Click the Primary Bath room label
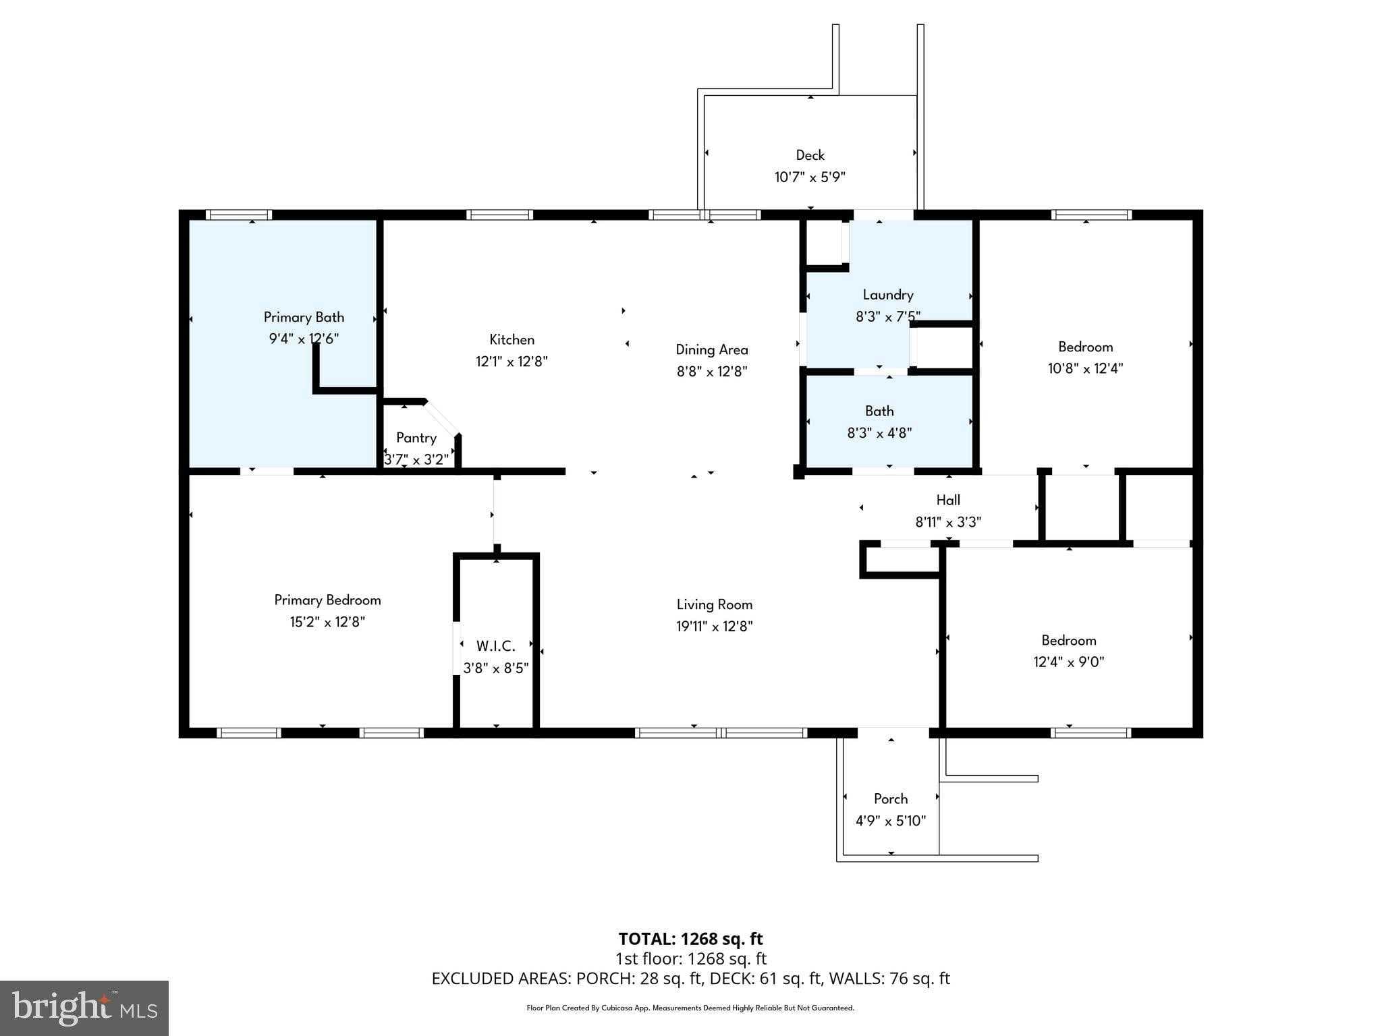click(304, 317)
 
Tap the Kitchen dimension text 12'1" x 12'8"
click(512, 362)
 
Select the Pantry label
click(416, 438)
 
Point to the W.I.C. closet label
click(495, 646)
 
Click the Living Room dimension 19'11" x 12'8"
click(714, 627)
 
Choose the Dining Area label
click(712, 349)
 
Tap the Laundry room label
click(888, 295)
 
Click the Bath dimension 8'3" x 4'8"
click(879, 433)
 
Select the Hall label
click(948, 500)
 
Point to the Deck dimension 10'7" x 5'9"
click(810, 177)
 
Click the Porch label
click(891, 799)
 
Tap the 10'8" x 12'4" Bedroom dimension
click(1085, 368)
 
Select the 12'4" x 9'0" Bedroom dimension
click(1068, 662)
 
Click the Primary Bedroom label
click(327, 600)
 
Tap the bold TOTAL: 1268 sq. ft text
click(690, 939)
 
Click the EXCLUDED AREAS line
click(690, 978)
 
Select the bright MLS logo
click(84, 1008)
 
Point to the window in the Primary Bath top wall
click(239, 215)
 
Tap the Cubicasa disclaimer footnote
click(690, 1008)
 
